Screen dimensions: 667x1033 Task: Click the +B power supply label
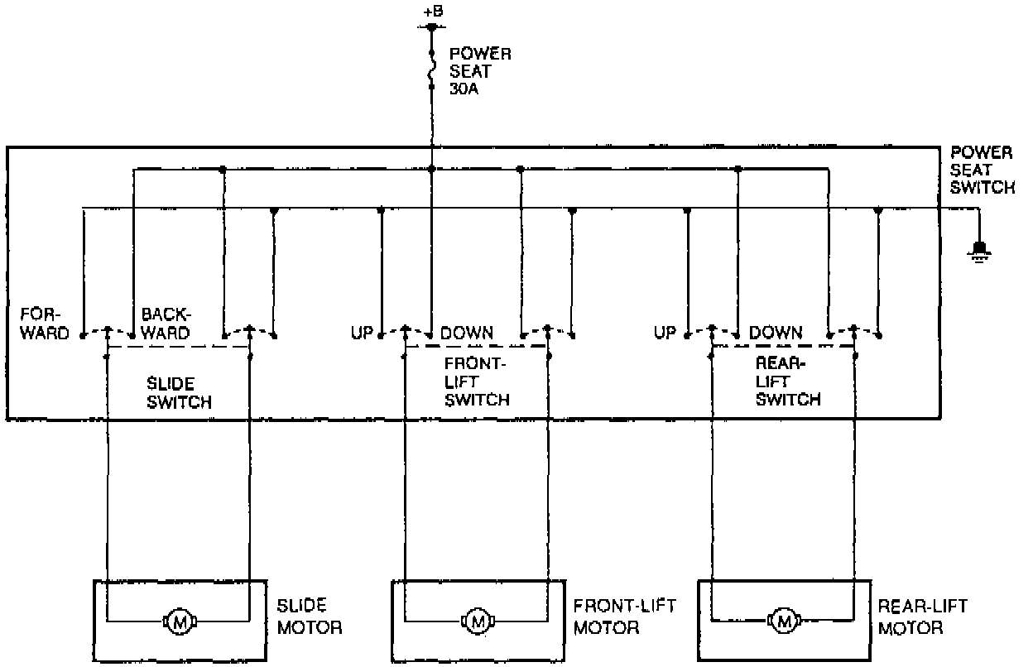pyautogui.click(x=432, y=11)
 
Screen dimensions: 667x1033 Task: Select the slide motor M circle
pyautogui.click(x=177, y=620)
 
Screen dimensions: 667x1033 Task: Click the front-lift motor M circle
pyautogui.click(x=476, y=620)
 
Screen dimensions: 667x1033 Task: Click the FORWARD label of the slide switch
pyautogui.click(x=46, y=324)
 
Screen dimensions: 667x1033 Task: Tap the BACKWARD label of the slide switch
pyautogui.click(x=166, y=324)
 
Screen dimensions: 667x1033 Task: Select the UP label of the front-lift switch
pyautogui.click(x=363, y=333)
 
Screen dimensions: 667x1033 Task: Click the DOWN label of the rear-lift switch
pyautogui.click(x=776, y=333)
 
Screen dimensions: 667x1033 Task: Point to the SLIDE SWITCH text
pyautogui.click(x=179, y=393)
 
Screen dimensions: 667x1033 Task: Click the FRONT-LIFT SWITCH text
pyautogui.click(x=477, y=381)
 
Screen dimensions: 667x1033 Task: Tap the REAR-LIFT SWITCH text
pyautogui.click(x=788, y=381)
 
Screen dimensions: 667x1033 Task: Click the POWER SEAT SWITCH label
pyautogui.click(x=982, y=170)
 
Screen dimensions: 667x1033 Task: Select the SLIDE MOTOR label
pyautogui.click(x=309, y=617)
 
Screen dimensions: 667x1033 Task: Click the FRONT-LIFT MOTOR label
pyautogui.click(x=624, y=617)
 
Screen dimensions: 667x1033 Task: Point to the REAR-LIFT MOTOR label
pyautogui.click(x=922, y=617)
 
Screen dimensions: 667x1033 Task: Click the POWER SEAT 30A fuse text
pyautogui.click(x=480, y=70)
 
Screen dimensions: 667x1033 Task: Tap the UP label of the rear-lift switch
pyautogui.click(x=665, y=333)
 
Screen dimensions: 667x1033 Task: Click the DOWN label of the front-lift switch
pyautogui.click(x=467, y=333)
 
